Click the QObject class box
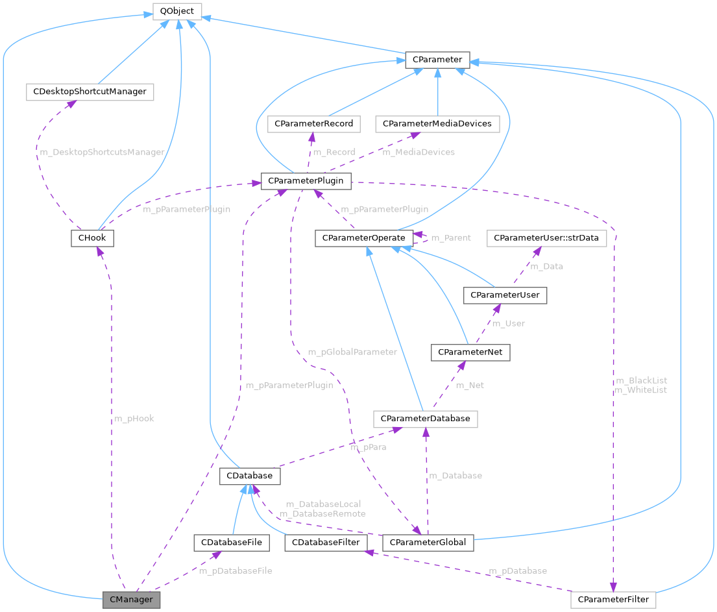pyautogui.click(x=177, y=11)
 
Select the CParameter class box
pyautogui.click(x=437, y=60)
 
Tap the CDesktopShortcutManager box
pyautogui.click(x=90, y=92)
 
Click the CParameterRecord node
pyautogui.click(x=314, y=123)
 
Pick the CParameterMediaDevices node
pyautogui.click(x=437, y=123)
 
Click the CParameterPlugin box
pyautogui.click(x=306, y=181)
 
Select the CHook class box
pyautogui.click(x=92, y=238)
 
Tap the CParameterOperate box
pyautogui.click(x=364, y=238)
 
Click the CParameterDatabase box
pyautogui.click(x=426, y=419)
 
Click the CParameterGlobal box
pyautogui.click(x=428, y=542)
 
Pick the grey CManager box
pyautogui.click(x=131, y=599)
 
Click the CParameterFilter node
pyautogui.click(x=614, y=599)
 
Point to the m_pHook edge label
pyautogui.click(x=134, y=419)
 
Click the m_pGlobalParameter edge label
pyautogui.click(x=352, y=352)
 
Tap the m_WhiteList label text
pyautogui.click(x=640, y=390)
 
